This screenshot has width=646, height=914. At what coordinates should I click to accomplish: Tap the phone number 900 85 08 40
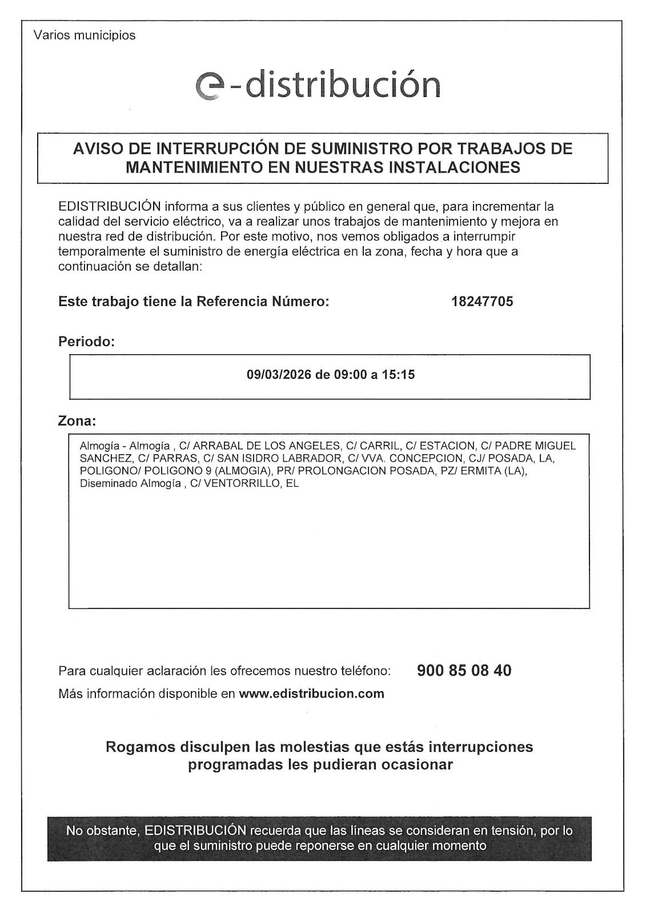[464, 670]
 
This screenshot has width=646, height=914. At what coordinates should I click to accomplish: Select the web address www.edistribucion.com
[311, 694]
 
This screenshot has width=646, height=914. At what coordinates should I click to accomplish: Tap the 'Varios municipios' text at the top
[85, 35]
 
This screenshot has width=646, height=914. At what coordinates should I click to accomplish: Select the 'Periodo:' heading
[86, 342]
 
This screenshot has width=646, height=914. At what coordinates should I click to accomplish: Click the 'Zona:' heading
[77, 422]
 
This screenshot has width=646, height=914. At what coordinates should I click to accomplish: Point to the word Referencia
[231, 302]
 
